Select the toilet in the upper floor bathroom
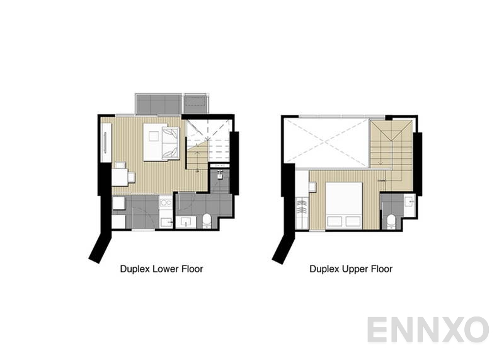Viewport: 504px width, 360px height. [391, 220]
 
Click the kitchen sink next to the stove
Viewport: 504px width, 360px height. [166, 221]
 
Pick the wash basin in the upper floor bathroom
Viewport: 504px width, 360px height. [408, 202]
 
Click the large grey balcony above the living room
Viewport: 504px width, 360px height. [157, 104]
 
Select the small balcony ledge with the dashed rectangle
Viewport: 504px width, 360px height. [196, 104]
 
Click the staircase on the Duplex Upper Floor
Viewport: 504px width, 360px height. [391, 148]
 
